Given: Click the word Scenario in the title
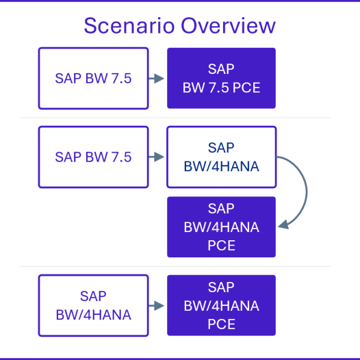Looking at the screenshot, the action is pyautogui.click(x=129, y=25).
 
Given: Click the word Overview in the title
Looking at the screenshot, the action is pyautogui.click(x=228, y=25).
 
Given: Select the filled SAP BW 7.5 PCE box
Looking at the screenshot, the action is pyautogui.click(x=221, y=78).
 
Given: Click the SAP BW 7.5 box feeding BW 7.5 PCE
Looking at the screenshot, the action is pyautogui.click(x=94, y=78).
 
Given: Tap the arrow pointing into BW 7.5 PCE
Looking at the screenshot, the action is pyautogui.click(x=156, y=79).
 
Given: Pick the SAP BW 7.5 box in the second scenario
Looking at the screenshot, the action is pyautogui.click(x=94, y=157).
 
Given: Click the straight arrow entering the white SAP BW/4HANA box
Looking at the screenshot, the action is pyautogui.click(x=156, y=157).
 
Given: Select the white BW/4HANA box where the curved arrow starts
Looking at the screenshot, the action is pyautogui.click(x=222, y=157).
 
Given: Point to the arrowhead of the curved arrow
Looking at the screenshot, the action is pyautogui.click(x=283, y=224).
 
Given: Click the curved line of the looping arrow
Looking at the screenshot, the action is pyautogui.click(x=307, y=190).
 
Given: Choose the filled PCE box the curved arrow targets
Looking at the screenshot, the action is pyautogui.click(x=221, y=227).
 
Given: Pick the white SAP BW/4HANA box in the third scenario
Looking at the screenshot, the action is pyautogui.click(x=94, y=305).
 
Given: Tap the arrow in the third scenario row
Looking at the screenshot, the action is pyautogui.click(x=156, y=305).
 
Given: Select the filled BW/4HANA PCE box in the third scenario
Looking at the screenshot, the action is pyautogui.click(x=221, y=305).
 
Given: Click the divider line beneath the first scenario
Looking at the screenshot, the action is pyautogui.click(x=175, y=118).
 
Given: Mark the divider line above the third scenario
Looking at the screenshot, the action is pyautogui.click(x=175, y=266).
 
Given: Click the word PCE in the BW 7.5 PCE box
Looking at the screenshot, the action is pyautogui.click(x=246, y=88).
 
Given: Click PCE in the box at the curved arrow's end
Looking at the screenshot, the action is pyautogui.click(x=221, y=246).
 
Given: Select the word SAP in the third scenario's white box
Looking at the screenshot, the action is pyautogui.click(x=93, y=296).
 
